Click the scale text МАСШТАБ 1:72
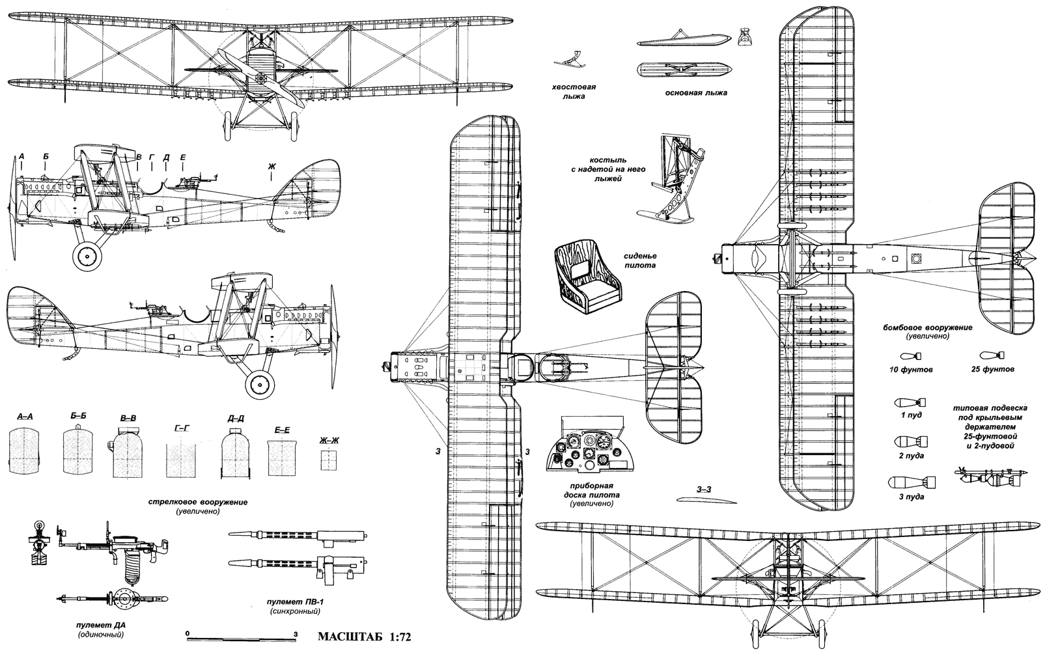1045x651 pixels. point(365,635)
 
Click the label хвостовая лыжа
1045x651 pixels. point(574,92)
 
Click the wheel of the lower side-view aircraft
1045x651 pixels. point(259,385)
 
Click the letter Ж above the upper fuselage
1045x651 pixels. point(272,168)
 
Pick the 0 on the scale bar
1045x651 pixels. point(187,632)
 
